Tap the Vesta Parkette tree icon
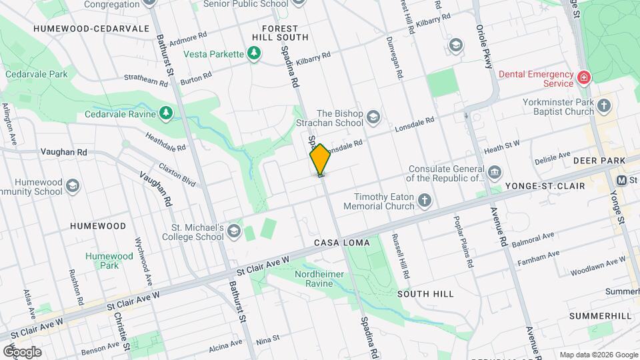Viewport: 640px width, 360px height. pyautogui.click(x=253, y=53)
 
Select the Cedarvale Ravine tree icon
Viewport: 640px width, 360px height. pyautogui.click(x=166, y=114)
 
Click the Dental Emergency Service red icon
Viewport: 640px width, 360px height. pyautogui.click(x=584, y=78)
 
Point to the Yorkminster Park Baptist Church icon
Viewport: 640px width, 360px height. pyautogui.click(x=604, y=106)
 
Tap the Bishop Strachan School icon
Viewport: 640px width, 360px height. pyautogui.click(x=373, y=118)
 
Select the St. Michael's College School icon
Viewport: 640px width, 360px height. pyautogui.click(x=233, y=231)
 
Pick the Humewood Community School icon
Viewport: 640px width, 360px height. pyautogui.click(x=73, y=185)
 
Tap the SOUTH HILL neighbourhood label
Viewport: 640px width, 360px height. pyautogui.click(x=425, y=293)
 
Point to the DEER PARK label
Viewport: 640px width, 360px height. pyautogui.click(x=599, y=161)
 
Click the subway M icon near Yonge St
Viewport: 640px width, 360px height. pyautogui.click(x=621, y=180)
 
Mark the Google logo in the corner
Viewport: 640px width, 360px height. pyautogui.click(x=22, y=351)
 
